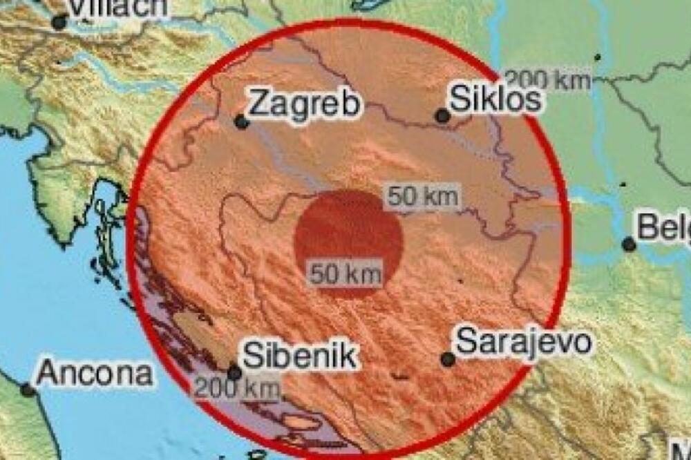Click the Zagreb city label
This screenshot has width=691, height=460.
[x=305, y=104]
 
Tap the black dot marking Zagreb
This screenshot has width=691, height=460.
[x=241, y=122]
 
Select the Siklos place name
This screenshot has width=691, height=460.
[x=495, y=99]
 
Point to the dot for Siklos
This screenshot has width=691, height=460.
[x=442, y=117]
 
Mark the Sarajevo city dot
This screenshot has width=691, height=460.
[x=448, y=359]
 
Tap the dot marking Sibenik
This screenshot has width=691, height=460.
[x=235, y=373]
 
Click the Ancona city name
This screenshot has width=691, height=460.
[x=94, y=374]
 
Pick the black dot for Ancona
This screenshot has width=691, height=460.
[x=28, y=390]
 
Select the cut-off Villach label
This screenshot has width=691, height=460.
[x=118, y=7]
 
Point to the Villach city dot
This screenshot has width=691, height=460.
[x=59, y=22]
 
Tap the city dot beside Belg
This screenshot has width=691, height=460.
[x=629, y=244]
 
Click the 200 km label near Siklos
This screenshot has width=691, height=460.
[x=547, y=80]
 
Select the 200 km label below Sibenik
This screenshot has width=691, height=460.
[x=236, y=388]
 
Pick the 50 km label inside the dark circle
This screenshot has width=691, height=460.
[x=345, y=274]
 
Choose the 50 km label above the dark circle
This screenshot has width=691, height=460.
[x=422, y=197]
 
